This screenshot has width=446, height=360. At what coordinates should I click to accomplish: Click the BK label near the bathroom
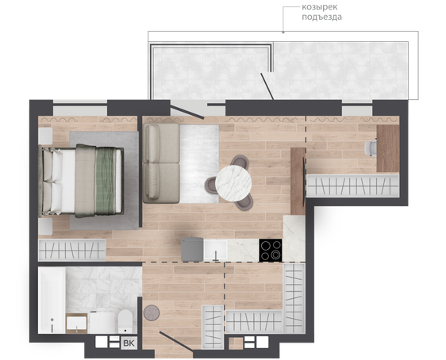(x=129, y=343)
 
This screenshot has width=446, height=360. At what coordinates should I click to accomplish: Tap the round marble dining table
(x=233, y=183)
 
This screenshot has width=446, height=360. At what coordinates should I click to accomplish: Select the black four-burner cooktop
(x=270, y=250)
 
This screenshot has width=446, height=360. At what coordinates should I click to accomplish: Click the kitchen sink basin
(x=215, y=251)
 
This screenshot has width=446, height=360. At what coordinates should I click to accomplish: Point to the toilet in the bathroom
(x=125, y=321)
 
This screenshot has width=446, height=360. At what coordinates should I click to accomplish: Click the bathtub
(x=52, y=300)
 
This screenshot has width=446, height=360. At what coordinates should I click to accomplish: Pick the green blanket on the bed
(x=106, y=181)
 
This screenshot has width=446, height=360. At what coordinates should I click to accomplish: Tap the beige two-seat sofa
(x=161, y=163)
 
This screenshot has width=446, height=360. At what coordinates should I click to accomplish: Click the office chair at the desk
(x=371, y=147)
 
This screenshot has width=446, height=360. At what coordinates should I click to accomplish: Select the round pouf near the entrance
(x=152, y=313)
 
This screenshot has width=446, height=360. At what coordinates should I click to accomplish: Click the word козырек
(x=320, y=7)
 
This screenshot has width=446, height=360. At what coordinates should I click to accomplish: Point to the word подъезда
(x=321, y=17)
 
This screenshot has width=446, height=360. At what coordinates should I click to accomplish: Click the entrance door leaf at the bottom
(x=176, y=342)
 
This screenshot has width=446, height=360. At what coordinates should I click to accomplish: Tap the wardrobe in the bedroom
(x=72, y=250)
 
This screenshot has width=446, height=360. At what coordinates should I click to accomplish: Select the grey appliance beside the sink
(x=192, y=250)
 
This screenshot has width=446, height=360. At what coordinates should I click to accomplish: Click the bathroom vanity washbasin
(x=76, y=324)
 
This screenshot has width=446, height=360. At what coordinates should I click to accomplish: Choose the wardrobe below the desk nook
(x=352, y=186)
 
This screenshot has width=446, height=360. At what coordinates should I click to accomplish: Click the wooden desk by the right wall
(x=388, y=148)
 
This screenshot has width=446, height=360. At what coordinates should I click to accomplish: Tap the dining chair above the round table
(x=240, y=162)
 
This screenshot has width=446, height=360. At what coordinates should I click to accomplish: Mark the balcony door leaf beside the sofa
(x=186, y=112)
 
